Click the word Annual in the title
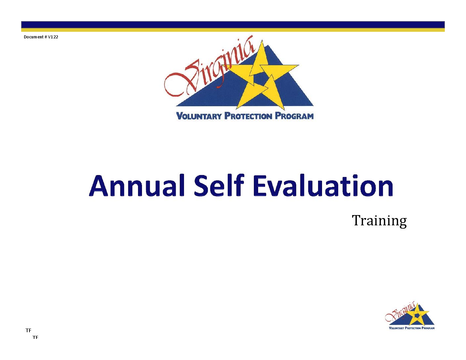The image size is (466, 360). click(x=137, y=186)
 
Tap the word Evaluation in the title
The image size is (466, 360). click(x=323, y=185)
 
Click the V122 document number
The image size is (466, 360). click(x=53, y=37)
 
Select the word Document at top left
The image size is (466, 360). click(x=34, y=37)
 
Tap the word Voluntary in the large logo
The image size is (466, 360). click(x=199, y=116)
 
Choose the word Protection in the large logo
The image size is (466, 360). click(x=248, y=116)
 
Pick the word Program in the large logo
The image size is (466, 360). click(x=294, y=116)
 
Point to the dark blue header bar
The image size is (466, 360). click(x=233, y=25)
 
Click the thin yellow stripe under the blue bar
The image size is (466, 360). click(x=233, y=30)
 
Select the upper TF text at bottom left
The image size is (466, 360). click(x=28, y=331)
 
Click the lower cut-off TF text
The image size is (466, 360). click(x=35, y=337)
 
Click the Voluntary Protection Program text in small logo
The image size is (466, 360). click(x=412, y=328)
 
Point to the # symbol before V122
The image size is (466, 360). click(x=46, y=37)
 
